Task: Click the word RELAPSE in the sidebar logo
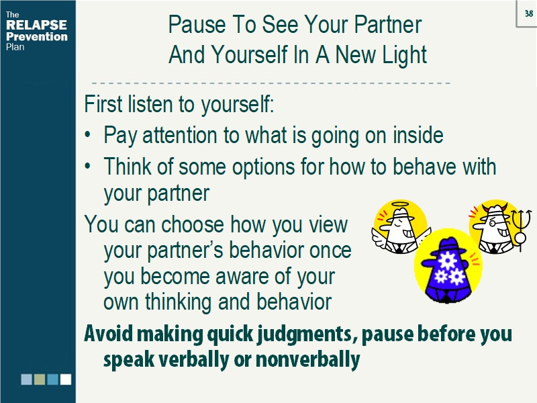(x=36, y=26)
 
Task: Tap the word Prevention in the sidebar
(x=36, y=36)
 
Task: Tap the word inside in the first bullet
(x=415, y=136)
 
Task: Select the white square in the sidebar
(x=65, y=379)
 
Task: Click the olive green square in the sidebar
(x=40, y=379)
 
